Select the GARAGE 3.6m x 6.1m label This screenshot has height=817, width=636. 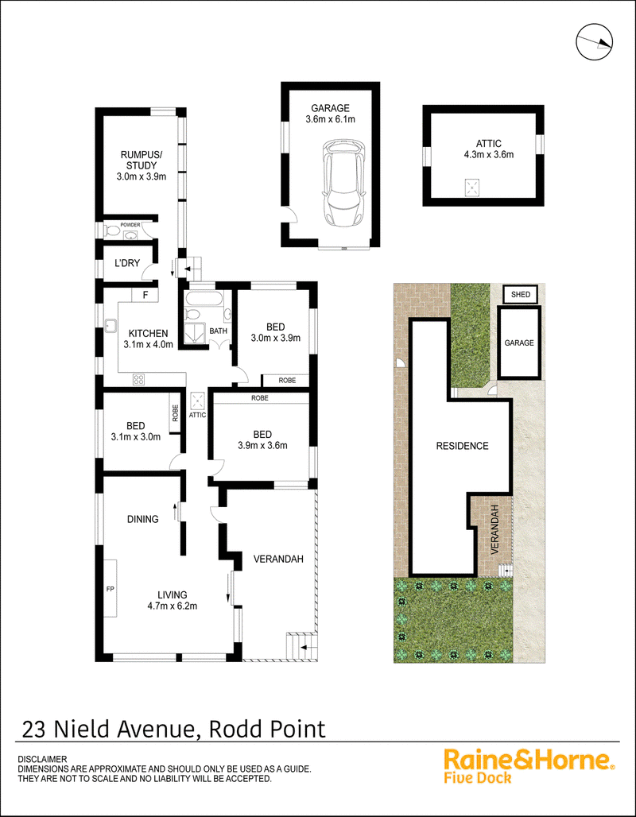click(x=330, y=114)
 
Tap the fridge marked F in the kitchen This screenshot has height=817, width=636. click(x=145, y=295)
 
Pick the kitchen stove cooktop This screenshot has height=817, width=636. click(x=138, y=378)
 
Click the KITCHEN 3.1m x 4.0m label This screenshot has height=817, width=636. click(x=148, y=339)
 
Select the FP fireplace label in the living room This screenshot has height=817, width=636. click(x=111, y=590)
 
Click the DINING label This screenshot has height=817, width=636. click(x=142, y=519)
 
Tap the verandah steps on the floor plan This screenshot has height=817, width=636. click(x=300, y=646)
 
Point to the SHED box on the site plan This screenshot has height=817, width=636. click(x=521, y=294)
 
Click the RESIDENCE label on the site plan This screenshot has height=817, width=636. click(x=462, y=446)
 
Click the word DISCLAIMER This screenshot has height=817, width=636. click(x=42, y=760)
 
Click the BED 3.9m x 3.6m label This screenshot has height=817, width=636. click(x=262, y=439)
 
